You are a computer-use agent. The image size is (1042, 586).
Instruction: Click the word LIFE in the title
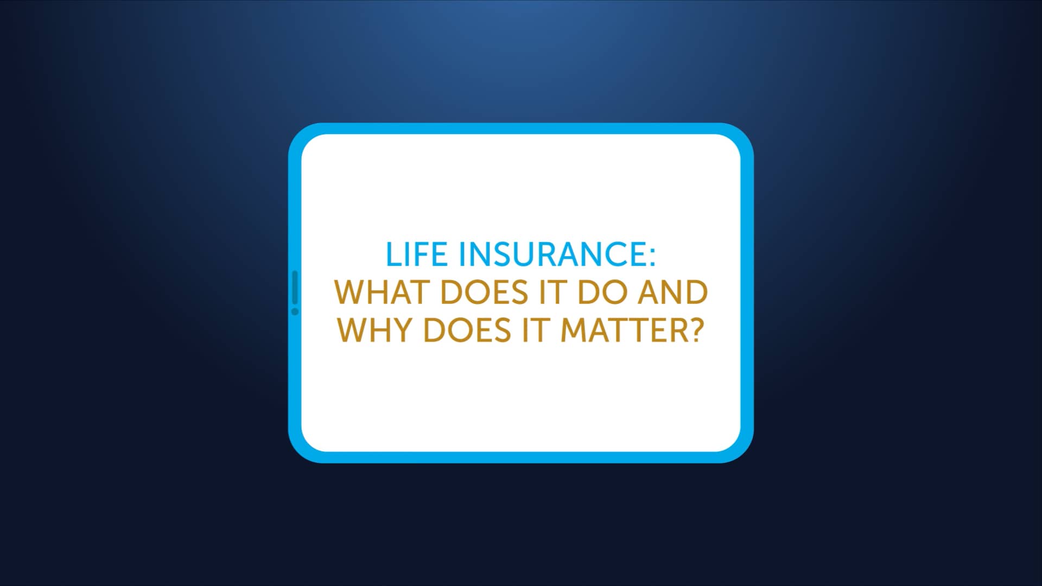click(416, 254)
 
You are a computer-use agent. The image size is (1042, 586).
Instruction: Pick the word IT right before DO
click(552, 292)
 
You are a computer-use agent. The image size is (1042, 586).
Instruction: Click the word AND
click(672, 292)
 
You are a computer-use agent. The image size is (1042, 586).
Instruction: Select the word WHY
click(374, 330)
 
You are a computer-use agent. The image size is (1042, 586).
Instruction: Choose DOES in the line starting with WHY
click(467, 330)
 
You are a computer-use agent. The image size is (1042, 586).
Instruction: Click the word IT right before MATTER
click(535, 330)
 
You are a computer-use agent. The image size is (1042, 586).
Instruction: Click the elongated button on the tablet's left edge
click(295, 288)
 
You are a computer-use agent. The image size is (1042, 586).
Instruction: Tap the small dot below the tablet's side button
click(295, 311)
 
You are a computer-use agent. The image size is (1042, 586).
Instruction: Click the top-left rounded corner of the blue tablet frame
click(300, 135)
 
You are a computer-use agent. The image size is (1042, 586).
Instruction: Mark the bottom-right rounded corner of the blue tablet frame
click(742, 451)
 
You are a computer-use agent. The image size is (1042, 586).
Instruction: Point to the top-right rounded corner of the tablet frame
click(742, 135)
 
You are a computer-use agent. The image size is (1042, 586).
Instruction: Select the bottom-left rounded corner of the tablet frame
click(300, 451)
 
